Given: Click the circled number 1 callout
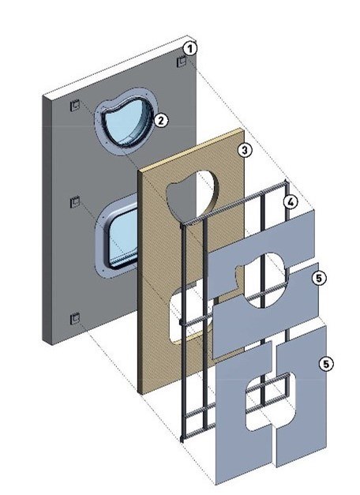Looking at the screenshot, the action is click(x=189, y=49).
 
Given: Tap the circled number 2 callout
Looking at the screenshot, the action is click(x=161, y=120).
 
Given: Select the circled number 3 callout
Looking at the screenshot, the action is click(x=245, y=150).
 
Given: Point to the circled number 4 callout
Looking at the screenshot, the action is click(x=291, y=202).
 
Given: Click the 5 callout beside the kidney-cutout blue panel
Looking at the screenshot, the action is click(x=319, y=278).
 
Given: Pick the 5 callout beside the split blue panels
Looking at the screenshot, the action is click(x=326, y=364).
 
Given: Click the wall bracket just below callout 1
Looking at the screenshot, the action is click(x=182, y=62).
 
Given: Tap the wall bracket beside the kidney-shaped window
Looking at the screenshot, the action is click(x=75, y=105).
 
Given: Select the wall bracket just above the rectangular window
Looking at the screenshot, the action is click(x=75, y=202).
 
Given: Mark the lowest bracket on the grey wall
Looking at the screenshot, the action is click(x=75, y=318).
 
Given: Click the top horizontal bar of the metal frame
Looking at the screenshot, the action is click(x=234, y=203).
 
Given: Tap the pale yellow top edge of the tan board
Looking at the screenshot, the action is click(x=191, y=150).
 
